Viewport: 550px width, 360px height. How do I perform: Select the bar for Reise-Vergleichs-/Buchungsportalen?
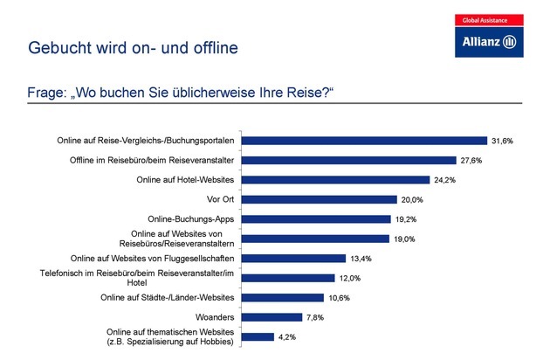[364, 141]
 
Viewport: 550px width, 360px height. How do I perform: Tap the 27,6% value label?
[472, 161]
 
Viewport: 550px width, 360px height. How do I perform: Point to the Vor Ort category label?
[222, 200]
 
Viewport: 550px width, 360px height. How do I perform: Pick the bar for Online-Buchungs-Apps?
[315, 219]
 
